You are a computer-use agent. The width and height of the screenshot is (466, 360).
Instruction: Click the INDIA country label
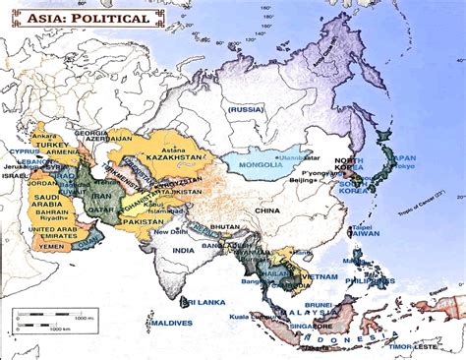pyautogui.click(x=182, y=251)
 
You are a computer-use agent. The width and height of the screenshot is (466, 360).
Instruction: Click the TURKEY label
pyautogui.click(x=50, y=144)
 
